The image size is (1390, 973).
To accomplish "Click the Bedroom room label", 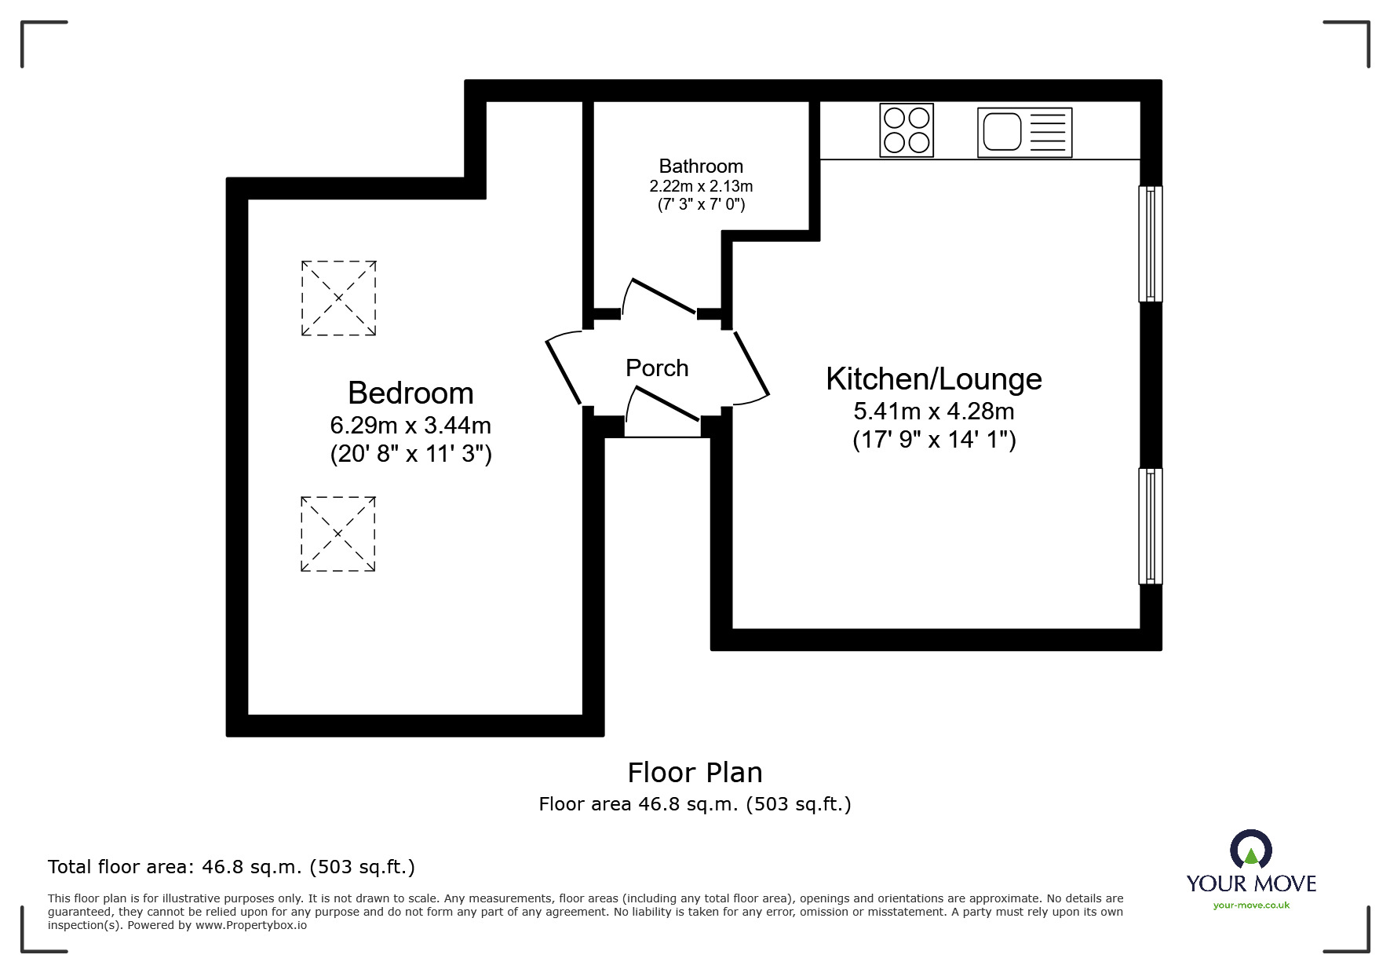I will (x=410, y=393).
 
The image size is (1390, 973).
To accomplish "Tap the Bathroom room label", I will (x=701, y=166).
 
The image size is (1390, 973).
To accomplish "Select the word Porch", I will (x=657, y=368).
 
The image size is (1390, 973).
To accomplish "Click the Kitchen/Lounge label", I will (x=933, y=379).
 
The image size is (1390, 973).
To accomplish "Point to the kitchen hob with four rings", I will (x=907, y=130).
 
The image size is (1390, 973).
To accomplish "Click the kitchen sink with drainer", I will (x=1024, y=132).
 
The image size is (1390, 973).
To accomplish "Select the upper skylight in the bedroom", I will (x=338, y=298).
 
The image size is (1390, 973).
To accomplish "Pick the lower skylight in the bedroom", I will (x=338, y=534).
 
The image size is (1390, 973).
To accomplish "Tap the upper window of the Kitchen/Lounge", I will (x=1151, y=243).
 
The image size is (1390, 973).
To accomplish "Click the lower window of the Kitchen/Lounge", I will (x=1151, y=526).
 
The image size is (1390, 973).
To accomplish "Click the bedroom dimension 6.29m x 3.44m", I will (x=410, y=426).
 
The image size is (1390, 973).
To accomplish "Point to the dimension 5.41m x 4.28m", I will (x=933, y=411).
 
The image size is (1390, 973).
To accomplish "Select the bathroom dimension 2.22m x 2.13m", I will (x=701, y=186).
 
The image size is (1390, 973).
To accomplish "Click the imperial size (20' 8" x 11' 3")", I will (x=410, y=454).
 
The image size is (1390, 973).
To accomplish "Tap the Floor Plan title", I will (x=695, y=773).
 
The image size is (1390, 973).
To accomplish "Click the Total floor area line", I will (x=232, y=867).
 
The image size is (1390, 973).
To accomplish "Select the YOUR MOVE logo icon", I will (x=1250, y=850).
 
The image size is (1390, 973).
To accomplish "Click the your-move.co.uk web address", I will (x=1251, y=905).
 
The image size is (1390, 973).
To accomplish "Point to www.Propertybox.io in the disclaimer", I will (x=251, y=925).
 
